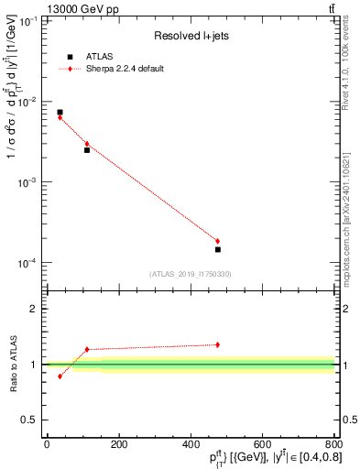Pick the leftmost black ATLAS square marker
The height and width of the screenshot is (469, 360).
[x=60, y=113]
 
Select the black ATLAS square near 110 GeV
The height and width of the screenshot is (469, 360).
[x=87, y=149]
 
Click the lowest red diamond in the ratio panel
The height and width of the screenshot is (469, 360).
[x=60, y=376]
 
